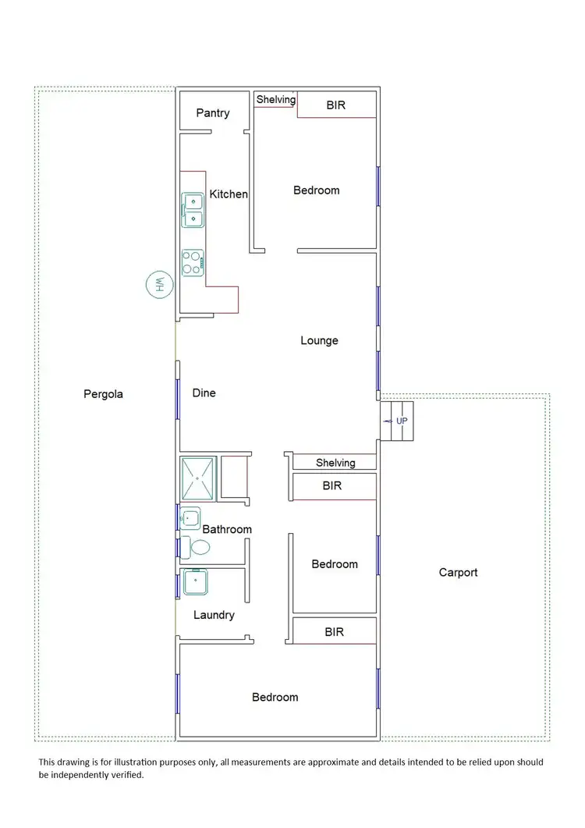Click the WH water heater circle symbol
tap(158, 285)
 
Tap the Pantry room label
tap(213, 113)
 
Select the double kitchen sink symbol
tap(193, 210)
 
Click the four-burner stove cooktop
tap(192, 262)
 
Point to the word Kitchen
tap(229, 194)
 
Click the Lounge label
tap(319, 341)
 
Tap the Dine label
tap(204, 393)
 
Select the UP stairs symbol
tap(396, 421)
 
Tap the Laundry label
tap(214, 615)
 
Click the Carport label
tap(458, 573)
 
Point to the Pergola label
tap(103, 394)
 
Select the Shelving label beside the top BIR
tap(276, 100)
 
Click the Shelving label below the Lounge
tap(335, 463)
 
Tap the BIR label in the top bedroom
tap(335, 105)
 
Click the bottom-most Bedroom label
tap(275, 697)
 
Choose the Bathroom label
tap(227, 530)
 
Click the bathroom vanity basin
tap(190, 517)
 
